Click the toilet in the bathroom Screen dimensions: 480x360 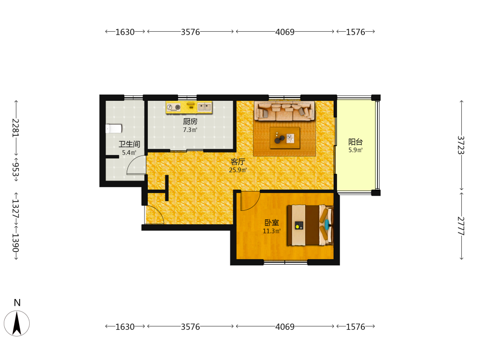click(114, 129)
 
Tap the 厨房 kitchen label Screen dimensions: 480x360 click(190, 121)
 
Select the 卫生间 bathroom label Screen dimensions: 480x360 click(129, 144)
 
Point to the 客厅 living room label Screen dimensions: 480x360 click(238, 162)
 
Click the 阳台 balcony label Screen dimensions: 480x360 click(355, 142)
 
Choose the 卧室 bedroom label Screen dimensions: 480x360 click(272, 223)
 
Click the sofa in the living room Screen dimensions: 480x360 click(285, 111)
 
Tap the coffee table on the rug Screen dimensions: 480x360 click(285, 138)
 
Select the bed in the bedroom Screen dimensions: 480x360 click(310, 225)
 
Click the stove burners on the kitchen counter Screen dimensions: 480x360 click(174, 107)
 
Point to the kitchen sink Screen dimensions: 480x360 click(204, 107)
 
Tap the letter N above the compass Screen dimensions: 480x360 click(17, 303)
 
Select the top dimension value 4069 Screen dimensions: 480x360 click(285, 32)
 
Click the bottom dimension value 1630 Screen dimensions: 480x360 click(125, 327)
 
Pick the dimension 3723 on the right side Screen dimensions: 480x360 click(461, 145)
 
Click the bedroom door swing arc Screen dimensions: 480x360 click(253, 204)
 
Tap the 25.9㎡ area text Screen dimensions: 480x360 click(238, 170)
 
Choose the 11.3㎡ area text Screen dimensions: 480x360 click(272, 231)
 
